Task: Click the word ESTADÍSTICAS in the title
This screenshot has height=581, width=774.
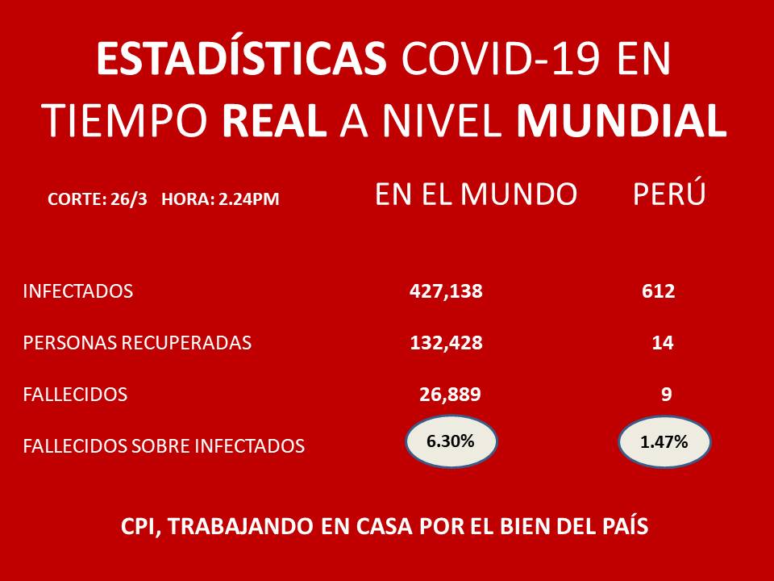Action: point(241,58)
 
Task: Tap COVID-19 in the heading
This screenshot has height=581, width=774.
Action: point(501,59)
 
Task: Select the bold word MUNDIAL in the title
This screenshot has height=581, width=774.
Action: point(622,120)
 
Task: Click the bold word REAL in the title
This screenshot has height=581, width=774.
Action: point(274,120)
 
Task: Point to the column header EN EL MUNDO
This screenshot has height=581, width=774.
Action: point(476,194)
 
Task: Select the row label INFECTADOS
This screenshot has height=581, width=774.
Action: point(78,291)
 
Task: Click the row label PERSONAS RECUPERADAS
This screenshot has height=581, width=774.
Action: point(137,343)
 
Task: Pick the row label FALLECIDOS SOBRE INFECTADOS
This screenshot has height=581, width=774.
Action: point(164,445)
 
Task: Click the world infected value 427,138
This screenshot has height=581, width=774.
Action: point(446,291)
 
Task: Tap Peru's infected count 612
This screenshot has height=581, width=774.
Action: point(659,291)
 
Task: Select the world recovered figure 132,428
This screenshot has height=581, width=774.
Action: point(446,343)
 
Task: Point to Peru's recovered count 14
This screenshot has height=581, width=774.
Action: point(663,343)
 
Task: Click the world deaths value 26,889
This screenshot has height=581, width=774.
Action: point(450,395)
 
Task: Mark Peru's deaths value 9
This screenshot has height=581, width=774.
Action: point(667,395)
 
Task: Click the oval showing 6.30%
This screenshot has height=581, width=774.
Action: point(451,441)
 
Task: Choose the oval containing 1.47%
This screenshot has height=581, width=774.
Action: point(664,441)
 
